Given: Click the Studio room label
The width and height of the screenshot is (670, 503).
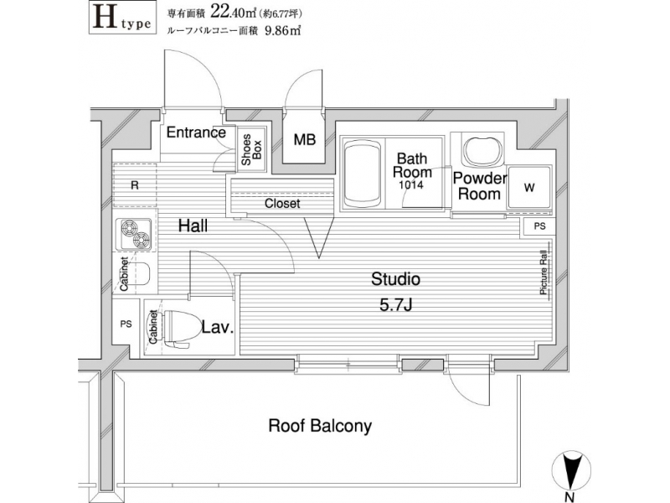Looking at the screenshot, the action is click(x=395, y=279).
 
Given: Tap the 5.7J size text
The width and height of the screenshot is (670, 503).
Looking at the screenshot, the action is click(x=395, y=305).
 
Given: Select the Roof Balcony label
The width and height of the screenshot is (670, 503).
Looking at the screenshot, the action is click(x=320, y=426).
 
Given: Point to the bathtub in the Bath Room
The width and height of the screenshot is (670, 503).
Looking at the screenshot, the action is click(x=363, y=174).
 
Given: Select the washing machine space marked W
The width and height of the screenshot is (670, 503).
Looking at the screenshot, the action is click(x=529, y=187).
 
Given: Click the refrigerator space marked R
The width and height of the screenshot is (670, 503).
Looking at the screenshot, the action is click(x=135, y=185).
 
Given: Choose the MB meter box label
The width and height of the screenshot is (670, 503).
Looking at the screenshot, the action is click(x=305, y=139).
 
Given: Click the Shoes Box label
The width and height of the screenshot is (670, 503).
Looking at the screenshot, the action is click(x=251, y=150).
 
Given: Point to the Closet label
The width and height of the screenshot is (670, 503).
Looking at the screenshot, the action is click(x=282, y=204).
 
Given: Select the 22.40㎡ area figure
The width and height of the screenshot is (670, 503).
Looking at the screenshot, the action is click(x=233, y=13).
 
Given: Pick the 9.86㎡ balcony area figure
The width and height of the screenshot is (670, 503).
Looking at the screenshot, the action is click(x=283, y=31).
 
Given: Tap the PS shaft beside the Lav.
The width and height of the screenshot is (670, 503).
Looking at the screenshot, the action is click(x=126, y=324).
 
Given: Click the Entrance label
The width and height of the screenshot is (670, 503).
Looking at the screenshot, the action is click(x=196, y=132).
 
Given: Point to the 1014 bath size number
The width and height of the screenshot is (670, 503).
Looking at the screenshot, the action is click(x=411, y=184).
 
